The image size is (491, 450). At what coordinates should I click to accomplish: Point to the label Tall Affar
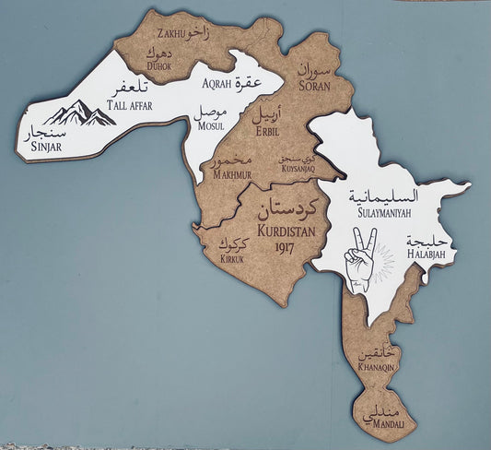[129, 105]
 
